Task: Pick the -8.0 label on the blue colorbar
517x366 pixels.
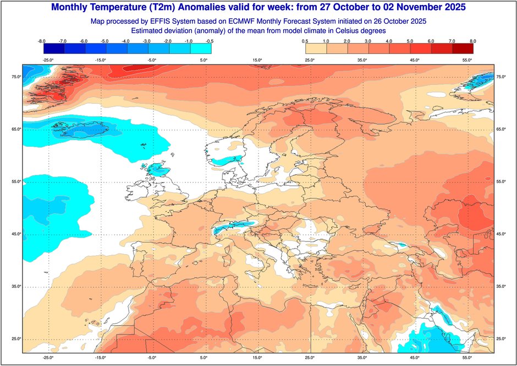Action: pos(41,41)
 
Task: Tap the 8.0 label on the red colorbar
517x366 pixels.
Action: pos(472,41)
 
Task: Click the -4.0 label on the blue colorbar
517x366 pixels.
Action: pos(125,41)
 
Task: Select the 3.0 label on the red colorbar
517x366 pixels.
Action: pos(367,41)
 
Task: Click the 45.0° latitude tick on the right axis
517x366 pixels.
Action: pos(501,234)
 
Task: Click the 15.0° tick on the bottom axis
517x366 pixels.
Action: pos(256,357)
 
